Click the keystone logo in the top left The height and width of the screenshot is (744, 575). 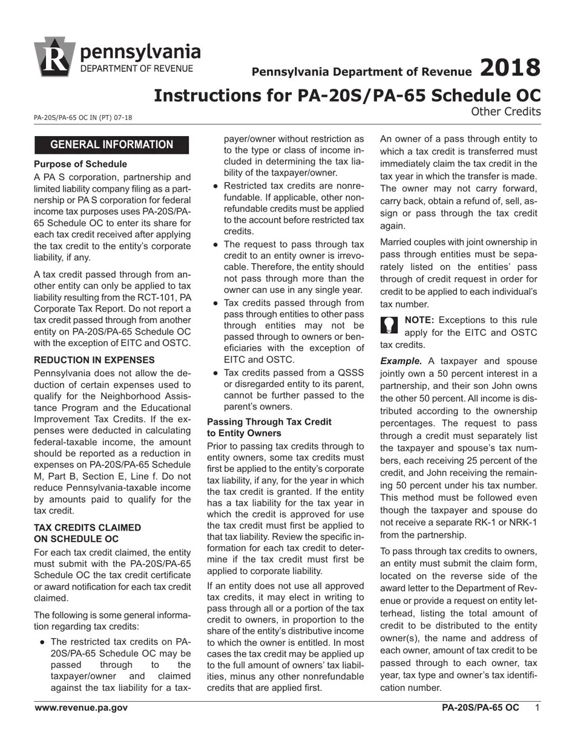coord(55,57)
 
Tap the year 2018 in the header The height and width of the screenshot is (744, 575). coord(510,68)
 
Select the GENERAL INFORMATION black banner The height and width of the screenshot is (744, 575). coord(111,145)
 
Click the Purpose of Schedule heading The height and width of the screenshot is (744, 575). coord(80,164)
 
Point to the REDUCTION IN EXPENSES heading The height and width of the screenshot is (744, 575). coord(94,360)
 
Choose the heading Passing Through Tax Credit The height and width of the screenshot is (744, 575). coord(269,422)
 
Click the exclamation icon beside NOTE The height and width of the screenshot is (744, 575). coord(389,325)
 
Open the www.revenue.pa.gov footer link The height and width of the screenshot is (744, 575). coord(81,708)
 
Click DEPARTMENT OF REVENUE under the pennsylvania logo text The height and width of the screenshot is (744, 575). coord(137,68)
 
